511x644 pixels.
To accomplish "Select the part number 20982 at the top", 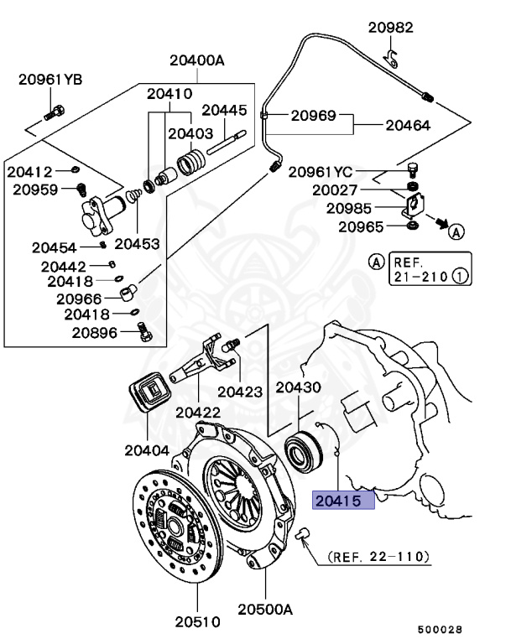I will tap(391, 28).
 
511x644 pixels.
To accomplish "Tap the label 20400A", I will tap(197, 60).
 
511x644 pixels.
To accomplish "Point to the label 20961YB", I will tap(50, 80).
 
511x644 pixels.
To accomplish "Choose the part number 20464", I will tap(408, 126).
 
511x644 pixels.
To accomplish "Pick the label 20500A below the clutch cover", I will tap(264, 610).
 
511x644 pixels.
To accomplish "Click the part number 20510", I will tap(197, 622).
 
